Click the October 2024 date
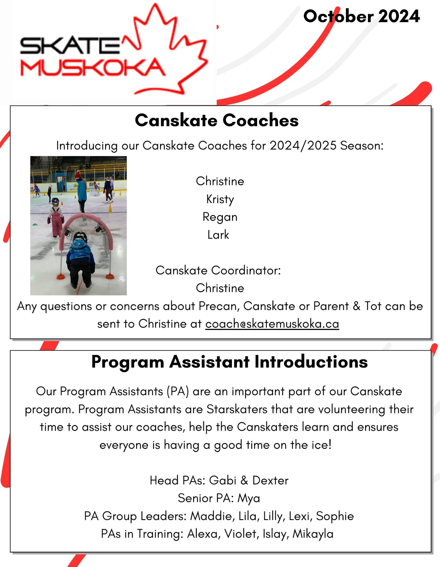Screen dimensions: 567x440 (x=361, y=16)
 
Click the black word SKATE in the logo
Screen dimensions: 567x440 (x=70, y=46)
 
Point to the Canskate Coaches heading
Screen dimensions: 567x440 (x=217, y=121)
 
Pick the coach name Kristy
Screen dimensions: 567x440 (x=220, y=199)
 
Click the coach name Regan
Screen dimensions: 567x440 (x=220, y=217)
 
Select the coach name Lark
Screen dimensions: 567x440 (x=218, y=235)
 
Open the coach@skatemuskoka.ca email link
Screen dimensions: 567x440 (x=272, y=324)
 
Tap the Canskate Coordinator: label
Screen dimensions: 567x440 (x=218, y=270)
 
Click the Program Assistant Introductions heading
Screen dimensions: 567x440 (x=229, y=362)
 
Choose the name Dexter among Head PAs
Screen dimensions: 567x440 (x=270, y=480)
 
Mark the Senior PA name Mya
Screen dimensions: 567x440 (x=249, y=498)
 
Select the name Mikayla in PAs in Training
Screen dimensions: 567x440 (x=313, y=534)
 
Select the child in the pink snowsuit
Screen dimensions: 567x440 (x=56, y=218)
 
